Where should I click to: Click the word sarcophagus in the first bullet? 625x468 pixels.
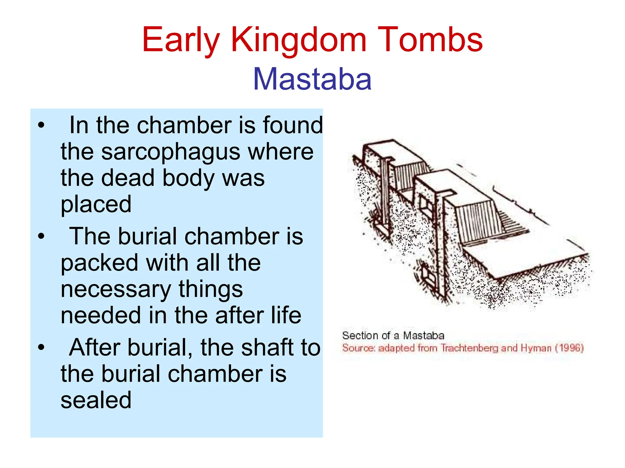(171, 152)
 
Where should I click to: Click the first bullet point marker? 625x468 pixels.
(41, 125)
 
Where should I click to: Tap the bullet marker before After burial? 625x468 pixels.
(41, 347)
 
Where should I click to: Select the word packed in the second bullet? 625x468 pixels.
(99, 263)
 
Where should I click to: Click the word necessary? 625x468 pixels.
(116, 289)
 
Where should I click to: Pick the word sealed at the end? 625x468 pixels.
(96, 400)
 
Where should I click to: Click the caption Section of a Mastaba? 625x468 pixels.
(393, 336)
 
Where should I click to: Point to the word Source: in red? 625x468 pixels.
(359, 348)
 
